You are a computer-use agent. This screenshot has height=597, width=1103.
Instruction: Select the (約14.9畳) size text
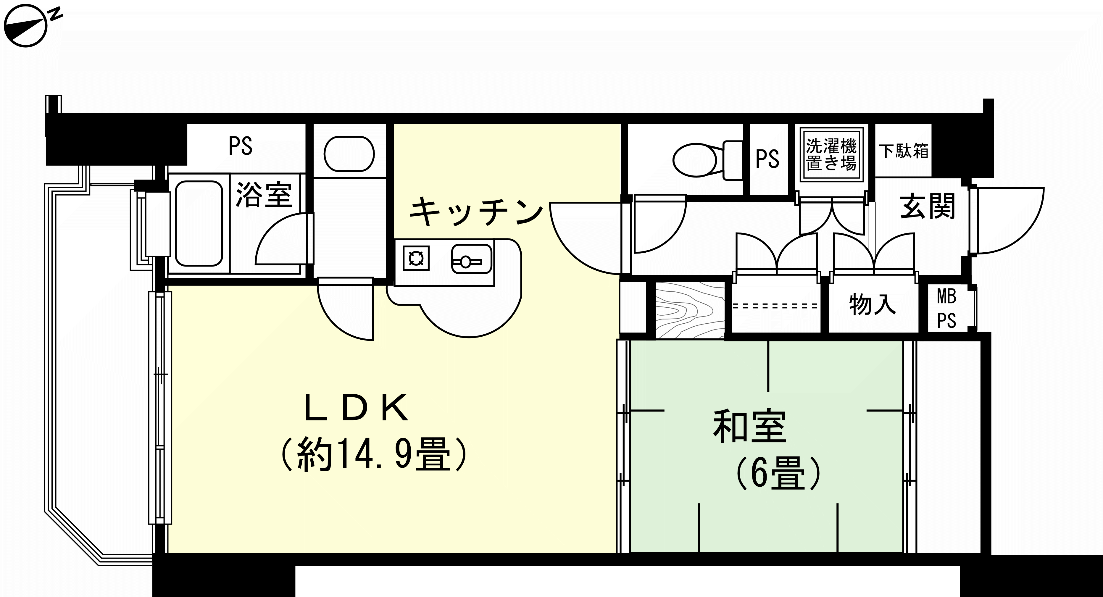(372, 455)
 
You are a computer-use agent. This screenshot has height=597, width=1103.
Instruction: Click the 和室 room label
(749, 427)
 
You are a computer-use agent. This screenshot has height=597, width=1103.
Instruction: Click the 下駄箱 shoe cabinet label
(904, 151)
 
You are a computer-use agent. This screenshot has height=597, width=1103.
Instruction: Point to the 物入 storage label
(873, 304)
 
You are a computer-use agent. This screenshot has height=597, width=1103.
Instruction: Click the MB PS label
(947, 308)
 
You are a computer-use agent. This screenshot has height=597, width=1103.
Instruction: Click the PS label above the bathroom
(241, 146)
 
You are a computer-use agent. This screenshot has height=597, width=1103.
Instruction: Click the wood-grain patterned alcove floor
(689, 310)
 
